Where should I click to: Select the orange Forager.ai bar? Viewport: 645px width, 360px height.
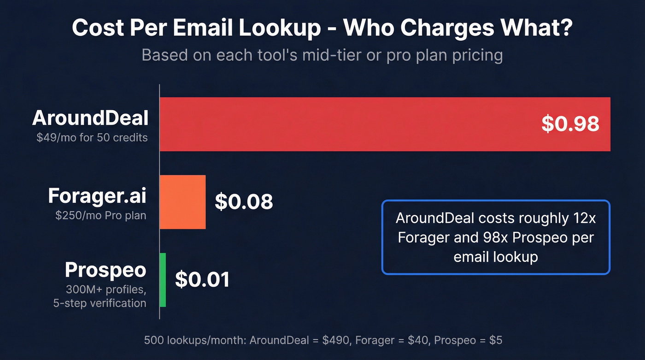coord(182,202)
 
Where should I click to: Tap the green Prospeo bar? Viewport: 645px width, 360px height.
coord(163,280)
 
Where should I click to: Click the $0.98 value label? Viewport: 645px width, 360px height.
coord(570,124)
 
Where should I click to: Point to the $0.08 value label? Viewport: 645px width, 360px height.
coord(244,202)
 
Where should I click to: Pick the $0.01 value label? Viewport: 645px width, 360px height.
coord(202,280)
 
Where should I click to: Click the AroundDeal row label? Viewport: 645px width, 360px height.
coord(90,118)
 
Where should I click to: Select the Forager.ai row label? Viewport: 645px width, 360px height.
coord(97,196)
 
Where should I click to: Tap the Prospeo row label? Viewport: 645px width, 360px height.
coord(106,270)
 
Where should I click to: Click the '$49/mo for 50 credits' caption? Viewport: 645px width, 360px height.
coord(92,137)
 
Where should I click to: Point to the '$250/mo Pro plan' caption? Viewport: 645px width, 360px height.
coord(100,215)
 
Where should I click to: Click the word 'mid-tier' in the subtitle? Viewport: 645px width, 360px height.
coord(326,55)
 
